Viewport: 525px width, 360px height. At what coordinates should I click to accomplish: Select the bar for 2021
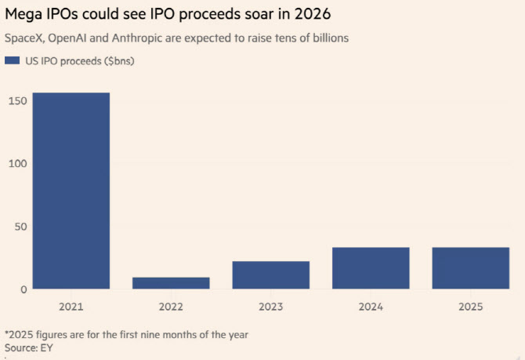pos(71,191)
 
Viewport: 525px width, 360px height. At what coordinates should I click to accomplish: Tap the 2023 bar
pos(271,275)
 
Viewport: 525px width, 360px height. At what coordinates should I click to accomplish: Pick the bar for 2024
pos(371,268)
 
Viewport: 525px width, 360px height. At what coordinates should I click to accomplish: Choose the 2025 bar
pos(471,268)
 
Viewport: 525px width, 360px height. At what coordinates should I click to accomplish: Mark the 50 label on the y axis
pos(20,227)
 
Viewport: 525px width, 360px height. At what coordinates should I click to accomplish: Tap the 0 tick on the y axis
pos(24,289)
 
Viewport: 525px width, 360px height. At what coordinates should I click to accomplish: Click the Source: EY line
pos(28,346)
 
